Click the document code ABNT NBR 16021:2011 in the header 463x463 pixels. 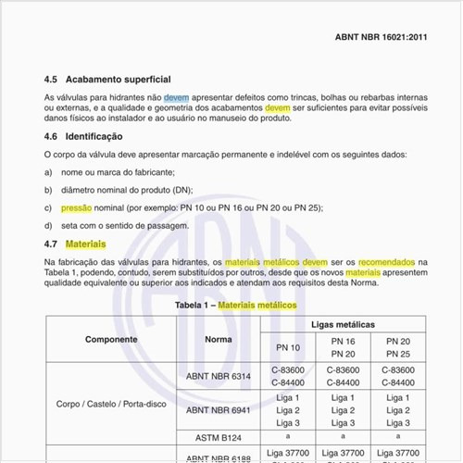[x=380, y=39]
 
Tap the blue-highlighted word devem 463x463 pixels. [x=177, y=97]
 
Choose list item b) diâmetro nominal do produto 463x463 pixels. [x=124, y=190]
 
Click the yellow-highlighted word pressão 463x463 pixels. [x=75, y=208]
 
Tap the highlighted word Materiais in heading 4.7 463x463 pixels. [x=85, y=244]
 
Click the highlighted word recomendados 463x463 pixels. [x=386, y=262]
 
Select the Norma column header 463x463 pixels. [x=219, y=339]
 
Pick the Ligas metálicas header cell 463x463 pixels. [x=344, y=325]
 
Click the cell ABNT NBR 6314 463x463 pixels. [x=219, y=377]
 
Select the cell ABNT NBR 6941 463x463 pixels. [x=219, y=409]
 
